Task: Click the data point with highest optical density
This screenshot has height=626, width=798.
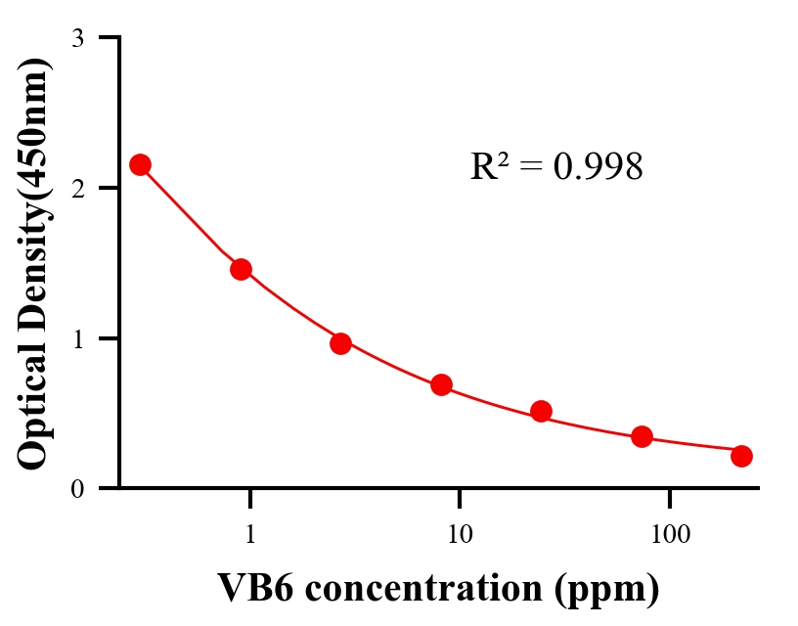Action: (x=140, y=164)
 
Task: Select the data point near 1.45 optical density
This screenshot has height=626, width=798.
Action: (x=241, y=269)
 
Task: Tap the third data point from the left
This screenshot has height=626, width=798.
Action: (x=340, y=343)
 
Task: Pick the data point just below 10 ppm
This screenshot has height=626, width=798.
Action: (x=441, y=384)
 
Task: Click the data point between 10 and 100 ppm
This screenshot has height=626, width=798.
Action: (x=541, y=411)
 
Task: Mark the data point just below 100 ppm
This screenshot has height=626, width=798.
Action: (x=642, y=436)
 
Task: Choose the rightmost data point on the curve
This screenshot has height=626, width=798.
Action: (x=741, y=456)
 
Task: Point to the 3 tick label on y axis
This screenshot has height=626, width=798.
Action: (x=77, y=38)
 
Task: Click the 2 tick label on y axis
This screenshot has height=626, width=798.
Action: (x=77, y=188)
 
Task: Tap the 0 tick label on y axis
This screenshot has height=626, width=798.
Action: (x=77, y=489)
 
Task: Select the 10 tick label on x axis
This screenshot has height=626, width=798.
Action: (x=459, y=535)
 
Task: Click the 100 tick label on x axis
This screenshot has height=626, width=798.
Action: (x=670, y=535)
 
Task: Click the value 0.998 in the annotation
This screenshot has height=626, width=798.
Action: (x=598, y=167)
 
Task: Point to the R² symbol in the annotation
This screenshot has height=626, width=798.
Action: (x=489, y=166)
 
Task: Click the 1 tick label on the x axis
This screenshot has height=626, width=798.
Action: (x=250, y=535)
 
